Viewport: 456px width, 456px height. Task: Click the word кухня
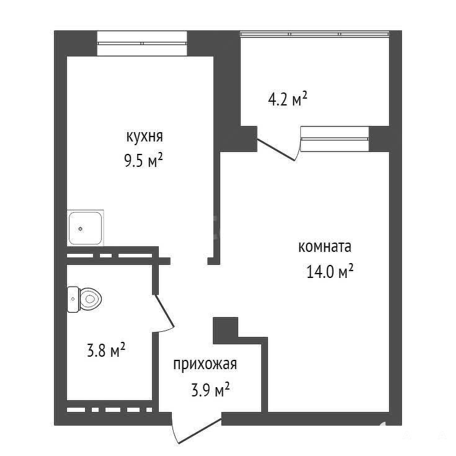pyautogui.click(x=145, y=136)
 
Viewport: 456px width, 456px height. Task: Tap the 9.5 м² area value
pyautogui.click(x=143, y=160)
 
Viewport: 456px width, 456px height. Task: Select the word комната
pyautogui.click(x=325, y=247)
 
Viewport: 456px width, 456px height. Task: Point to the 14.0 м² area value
pyautogui.click(x=330, y=271)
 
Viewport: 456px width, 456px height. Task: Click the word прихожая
pyautogui.click(x=205, y=364)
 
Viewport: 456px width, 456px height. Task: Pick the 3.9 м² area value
pyautogui.click(x=210, y=390)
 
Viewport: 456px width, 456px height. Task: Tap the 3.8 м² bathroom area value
pyautogui.click(x=106, y=350)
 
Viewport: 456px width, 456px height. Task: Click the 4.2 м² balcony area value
pyautogui.click(x=287, y=99)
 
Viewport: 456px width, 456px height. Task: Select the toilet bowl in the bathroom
pyautogui.click(x=90, y=299)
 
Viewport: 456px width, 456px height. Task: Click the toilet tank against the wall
pyautogui.click(x=73, y=299)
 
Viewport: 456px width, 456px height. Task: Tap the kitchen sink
pyautogui.click(x=86, y=228)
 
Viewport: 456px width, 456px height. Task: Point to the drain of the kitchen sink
pyautogui.click(x=81, y=229)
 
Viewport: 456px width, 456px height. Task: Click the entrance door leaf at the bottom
pyautogui.click(x=200, y=431)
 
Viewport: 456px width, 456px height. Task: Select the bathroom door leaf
pyautogui.click(x=164, y=311)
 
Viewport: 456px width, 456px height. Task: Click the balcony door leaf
pyautogui.click(x=276, y=150)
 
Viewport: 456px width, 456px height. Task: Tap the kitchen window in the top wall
pyautogui.click(x=142, y=43)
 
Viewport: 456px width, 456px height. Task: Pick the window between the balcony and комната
pyautogui.click(x=335, y=139)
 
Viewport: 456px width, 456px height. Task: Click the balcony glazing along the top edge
pyautogui.click(x=315, y=34)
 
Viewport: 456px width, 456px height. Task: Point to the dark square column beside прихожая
pyautogui.click(x=226, y=331)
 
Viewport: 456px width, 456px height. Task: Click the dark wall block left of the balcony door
pyautogui.click(x=249, y=139)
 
